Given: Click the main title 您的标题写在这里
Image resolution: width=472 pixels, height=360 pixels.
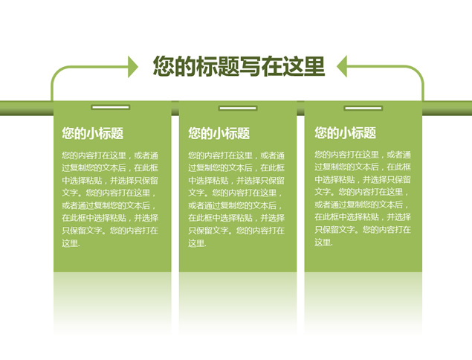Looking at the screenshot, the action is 239,66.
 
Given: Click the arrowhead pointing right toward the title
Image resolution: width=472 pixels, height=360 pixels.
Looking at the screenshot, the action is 133,67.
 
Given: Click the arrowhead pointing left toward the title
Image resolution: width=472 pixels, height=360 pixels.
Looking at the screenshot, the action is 342,66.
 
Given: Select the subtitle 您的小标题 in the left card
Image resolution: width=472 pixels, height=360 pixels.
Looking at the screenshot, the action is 93,133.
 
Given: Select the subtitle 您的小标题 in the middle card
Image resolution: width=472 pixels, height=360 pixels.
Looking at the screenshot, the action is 219,133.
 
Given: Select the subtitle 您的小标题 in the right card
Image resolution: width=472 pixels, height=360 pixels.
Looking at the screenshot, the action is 346,132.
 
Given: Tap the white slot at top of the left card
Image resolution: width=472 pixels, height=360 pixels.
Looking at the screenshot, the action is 111,107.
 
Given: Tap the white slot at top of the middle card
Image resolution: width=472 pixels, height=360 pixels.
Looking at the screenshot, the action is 238,108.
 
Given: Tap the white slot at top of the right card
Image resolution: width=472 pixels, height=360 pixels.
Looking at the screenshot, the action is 363,108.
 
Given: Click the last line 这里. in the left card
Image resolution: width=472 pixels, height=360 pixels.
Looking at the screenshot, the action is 71,242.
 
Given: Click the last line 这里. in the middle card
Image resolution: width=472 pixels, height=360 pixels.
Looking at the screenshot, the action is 197,242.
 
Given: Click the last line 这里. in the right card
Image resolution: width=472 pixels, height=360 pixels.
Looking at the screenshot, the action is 323,242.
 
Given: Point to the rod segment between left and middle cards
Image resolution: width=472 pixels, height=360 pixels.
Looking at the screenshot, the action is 175,108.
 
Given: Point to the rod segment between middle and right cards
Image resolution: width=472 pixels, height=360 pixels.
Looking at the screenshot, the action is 300,108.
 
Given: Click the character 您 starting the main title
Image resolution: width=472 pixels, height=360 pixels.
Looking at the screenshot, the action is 164,66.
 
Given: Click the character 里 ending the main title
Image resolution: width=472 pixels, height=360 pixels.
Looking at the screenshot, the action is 314,66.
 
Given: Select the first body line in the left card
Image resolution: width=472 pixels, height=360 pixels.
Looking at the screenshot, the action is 110,155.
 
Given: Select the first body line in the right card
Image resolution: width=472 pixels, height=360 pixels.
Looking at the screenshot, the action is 363,155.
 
